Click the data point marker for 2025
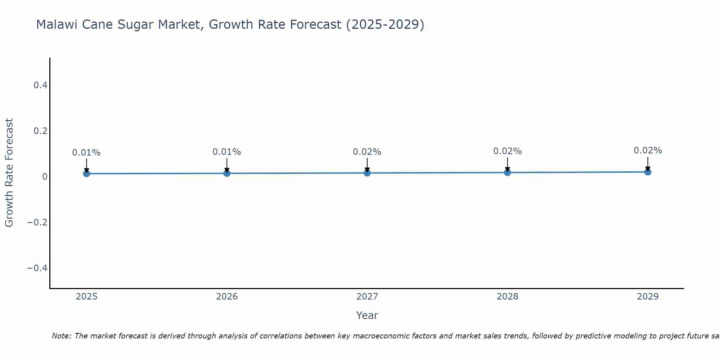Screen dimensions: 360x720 click(86, 174)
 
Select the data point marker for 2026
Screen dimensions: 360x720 click(227, 173)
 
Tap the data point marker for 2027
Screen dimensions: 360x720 click(367, 173)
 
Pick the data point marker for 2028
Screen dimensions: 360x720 click(507, 172)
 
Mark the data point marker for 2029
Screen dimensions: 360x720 click(648, 172)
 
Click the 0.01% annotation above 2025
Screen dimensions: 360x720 click(86, 153)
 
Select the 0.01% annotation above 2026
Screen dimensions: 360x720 click(227, 152)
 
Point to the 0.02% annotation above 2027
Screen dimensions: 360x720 click(367, 152)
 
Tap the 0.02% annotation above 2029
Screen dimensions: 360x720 click(648, 150)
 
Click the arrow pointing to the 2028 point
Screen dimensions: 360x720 click(507, 165)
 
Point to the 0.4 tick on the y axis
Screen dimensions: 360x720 click(40, 85)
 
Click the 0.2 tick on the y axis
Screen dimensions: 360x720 click(40, 131)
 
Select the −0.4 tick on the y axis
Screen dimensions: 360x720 click(37, 268)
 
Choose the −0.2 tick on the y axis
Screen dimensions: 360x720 click(37, 222)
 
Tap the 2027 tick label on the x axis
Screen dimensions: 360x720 click(367, 297)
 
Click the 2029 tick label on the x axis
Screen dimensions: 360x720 click(648, 297)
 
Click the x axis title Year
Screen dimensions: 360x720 click(367, 315)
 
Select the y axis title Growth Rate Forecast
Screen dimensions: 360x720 click(9, 173)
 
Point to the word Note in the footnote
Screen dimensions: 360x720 click(62, 336)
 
